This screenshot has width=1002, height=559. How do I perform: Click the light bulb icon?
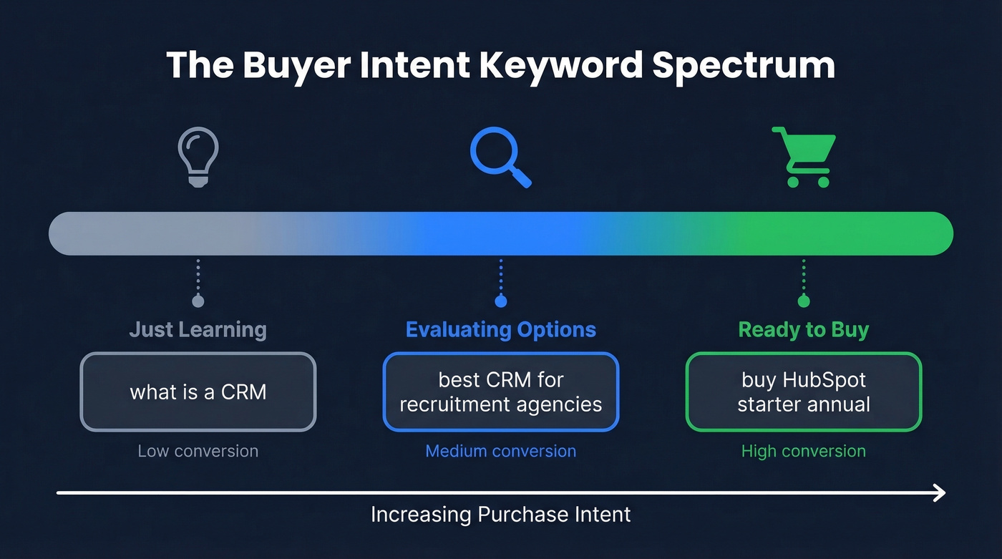[x=198, y=157]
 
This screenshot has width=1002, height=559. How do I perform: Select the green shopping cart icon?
[x=803, y=157]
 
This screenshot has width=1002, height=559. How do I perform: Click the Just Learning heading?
[x=198, y=330]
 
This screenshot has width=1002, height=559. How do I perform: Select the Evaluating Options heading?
[x=500, y=330]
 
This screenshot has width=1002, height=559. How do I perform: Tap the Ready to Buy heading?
[x=803, y=330]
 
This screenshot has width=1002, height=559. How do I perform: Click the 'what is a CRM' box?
[x=198, y=392]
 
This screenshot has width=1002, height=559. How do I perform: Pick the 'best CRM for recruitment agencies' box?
[x=500, y=392]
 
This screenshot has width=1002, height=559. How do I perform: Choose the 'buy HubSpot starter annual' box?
[x=803, y=392]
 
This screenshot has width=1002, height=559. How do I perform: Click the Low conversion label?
[x=198, y=451]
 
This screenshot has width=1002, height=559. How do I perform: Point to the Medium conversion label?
[x=500, y=451]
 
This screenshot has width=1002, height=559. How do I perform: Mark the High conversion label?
[x=803, y=451]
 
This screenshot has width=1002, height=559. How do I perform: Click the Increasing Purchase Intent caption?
[x=500, y=514]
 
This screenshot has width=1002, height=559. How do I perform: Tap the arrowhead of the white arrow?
[x=940, y=492]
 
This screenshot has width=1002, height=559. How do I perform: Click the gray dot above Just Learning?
[x=198, y=301]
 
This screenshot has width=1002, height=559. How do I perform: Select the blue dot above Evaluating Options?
[x=500, y=301]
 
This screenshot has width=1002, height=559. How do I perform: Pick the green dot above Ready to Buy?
[x=803, y=301]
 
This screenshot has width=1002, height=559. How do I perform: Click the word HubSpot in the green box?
[x=827, y=379]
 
